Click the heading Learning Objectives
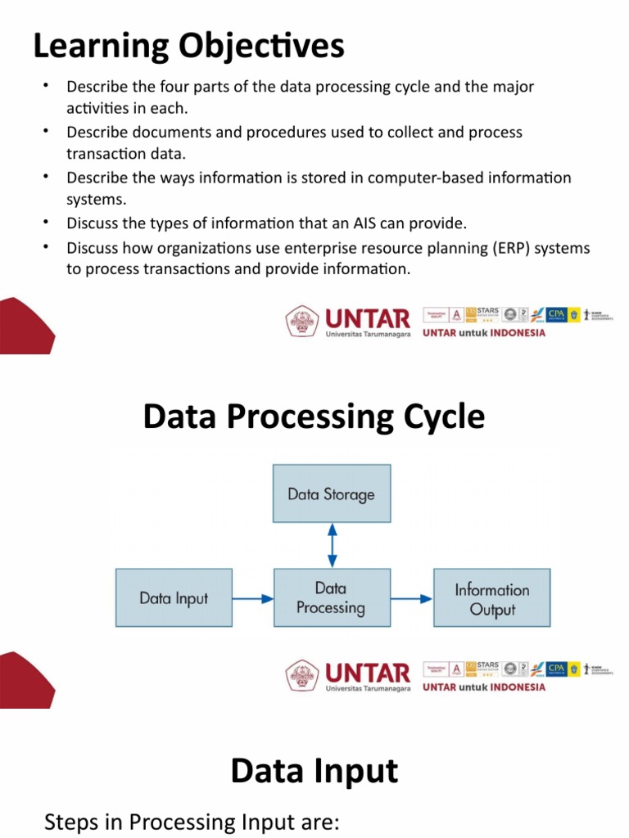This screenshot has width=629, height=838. click(x=188, y=46)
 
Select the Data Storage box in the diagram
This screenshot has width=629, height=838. click(x=331, y=493)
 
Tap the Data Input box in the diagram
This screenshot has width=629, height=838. click(x=174, y=598)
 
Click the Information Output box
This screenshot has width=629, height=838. click(x=491, y=598)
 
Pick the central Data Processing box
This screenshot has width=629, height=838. click(x=331, y=598)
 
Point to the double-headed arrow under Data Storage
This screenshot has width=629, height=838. click(x=331, y=545)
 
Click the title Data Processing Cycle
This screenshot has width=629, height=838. click(x=314, y=417)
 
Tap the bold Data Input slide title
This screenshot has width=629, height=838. click(x=314, y=771)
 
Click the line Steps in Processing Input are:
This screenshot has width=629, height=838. click(x=191, y=822)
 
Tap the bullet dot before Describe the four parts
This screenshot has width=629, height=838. click(x=46, y=85)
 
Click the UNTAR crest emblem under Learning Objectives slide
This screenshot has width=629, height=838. click(x=301, y=321)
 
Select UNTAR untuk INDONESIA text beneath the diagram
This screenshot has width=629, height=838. click(x=483, y=333)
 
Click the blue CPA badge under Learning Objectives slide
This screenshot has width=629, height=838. click(x=556, y=314)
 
